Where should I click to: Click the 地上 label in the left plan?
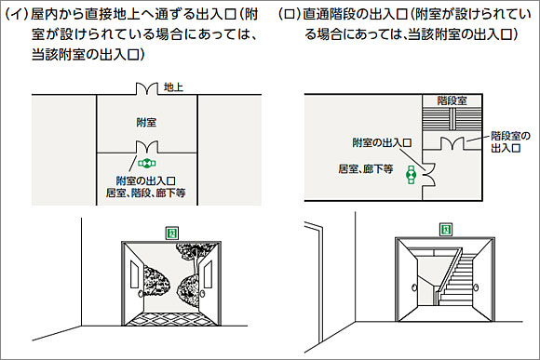[173, 87]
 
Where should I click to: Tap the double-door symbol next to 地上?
[147, 89]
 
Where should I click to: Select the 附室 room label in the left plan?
[146, 122]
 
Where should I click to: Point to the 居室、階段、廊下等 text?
[147, 193]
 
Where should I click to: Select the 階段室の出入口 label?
[510, 141]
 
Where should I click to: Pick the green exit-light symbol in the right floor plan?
[410, 175]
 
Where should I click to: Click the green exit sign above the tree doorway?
[171, 231]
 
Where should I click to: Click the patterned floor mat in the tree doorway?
[171, 313]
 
